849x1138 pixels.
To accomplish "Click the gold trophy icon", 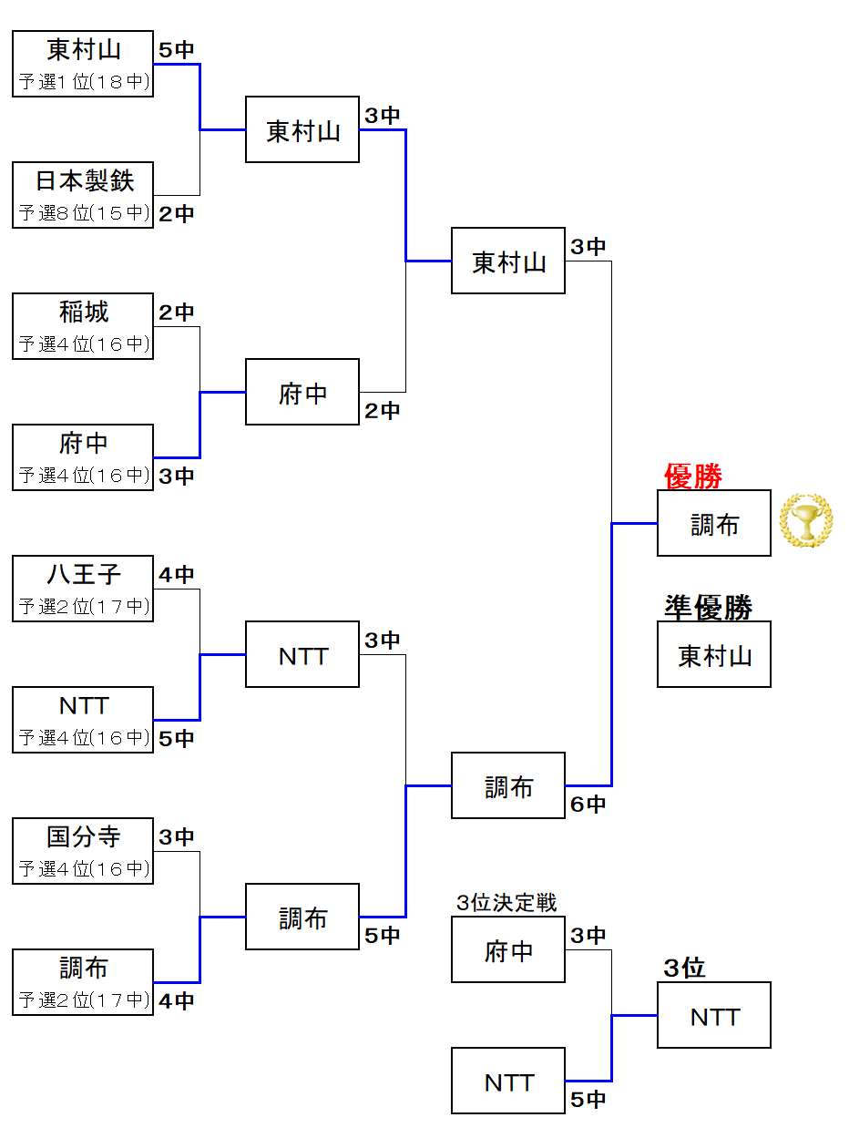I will coord(805,520).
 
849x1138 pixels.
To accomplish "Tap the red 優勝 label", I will coord(693,476).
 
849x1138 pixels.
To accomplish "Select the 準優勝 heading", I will coord(708,608).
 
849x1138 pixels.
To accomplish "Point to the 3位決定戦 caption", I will coord(506,902).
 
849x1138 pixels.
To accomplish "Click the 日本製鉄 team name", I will coord(84,180).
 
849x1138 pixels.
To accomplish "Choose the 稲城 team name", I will coord(84,313).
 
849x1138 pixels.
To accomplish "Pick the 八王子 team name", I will coord(84,575).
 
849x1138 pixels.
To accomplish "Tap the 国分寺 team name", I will coord(84,836).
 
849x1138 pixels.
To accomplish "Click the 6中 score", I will coord(588,805).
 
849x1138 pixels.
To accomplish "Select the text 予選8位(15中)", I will coord(84,213).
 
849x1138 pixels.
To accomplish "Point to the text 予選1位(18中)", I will coord(84,82).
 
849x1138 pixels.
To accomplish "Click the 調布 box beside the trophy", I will coord(714,524).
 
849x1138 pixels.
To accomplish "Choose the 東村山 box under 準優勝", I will coord(714,655).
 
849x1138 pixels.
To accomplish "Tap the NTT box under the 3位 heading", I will coord(714,1016).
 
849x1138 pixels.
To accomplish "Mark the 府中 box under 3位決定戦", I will coord(508,950).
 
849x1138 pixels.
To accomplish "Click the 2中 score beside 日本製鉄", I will coord(176,214).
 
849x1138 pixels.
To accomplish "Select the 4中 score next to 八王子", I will coord(176,575).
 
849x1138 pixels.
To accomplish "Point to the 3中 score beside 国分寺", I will coord(176,836).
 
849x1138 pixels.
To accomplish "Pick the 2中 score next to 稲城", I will coord(176,313).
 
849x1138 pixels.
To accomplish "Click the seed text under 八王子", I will coord(84,607).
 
